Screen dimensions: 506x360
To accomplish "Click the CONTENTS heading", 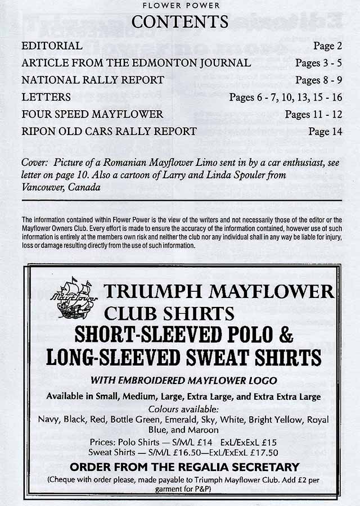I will (x=180, y=22).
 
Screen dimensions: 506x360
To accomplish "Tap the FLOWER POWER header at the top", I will (x=180, y=6).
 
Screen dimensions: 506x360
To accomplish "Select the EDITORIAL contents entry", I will (x=52, y=46).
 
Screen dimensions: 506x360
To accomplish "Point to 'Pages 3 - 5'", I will (x=318, y=63).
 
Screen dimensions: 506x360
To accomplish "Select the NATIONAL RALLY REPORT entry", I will (x=93, y=80).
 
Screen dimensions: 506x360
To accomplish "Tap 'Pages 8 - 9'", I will (x=318, y=80).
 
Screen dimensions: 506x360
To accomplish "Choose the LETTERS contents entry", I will (x=46, y=97).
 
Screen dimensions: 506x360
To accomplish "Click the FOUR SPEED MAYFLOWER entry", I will (x=92, y=114).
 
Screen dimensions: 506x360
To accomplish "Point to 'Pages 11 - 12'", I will (x=313, y=114).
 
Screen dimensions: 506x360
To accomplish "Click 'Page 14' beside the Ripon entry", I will (x=325, y=132).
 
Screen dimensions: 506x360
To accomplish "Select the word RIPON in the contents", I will (x=38, y=132).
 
